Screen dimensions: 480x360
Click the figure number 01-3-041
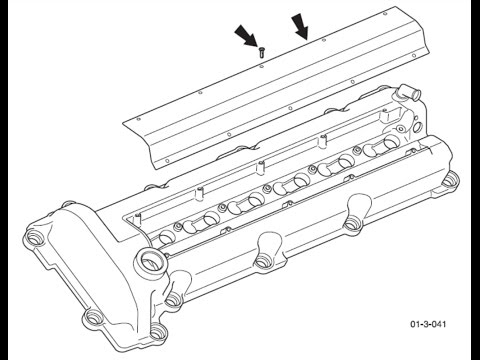[428, 324]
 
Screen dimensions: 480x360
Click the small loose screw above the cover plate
[261, 53]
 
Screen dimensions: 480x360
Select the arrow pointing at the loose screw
[247, 36]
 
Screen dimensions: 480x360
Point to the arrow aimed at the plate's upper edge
[300, 26]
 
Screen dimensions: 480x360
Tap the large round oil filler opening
[151, 261]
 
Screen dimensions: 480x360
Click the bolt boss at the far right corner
[450, 180]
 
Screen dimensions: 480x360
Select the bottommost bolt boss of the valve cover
[158, 332]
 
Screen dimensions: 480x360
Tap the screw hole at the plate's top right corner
[385, 14]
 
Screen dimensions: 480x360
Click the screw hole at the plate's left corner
[139, 119]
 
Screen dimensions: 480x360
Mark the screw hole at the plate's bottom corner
[167, 162]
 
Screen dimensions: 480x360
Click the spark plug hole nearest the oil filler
[167, 236]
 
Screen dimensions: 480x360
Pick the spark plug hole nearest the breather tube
[391, 142]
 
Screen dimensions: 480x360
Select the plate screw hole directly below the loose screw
[261, 66]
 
